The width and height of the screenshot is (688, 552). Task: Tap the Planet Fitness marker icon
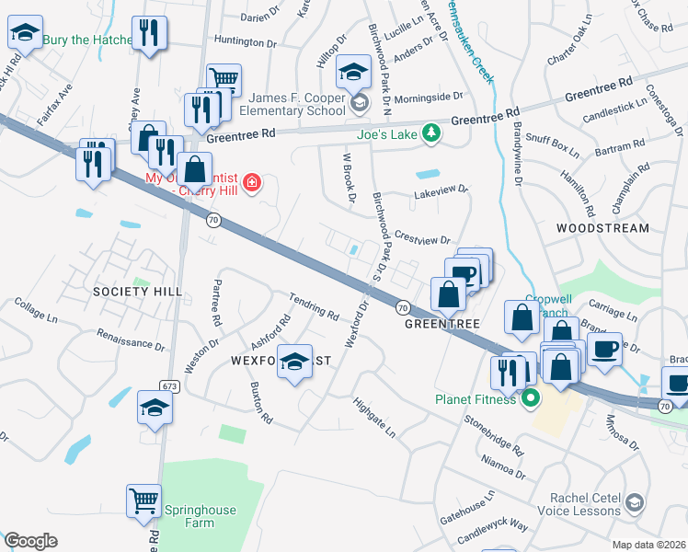tap(529, 399)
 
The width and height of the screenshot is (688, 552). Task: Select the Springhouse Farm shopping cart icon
tap(143, 501)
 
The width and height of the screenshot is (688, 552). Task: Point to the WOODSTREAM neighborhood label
tap(603, 228)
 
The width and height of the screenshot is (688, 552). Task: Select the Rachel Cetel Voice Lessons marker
tap(635, 502)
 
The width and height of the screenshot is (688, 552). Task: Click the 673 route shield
tap(167, 385)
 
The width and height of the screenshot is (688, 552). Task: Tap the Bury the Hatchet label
tap(86, 40)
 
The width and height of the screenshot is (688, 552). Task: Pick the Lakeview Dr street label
tap(441, 190)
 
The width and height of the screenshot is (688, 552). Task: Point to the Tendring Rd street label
tap(314, 307)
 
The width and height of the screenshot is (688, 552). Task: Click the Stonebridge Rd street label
tap(493, 437)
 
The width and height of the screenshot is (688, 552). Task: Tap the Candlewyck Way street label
tap(493, 529)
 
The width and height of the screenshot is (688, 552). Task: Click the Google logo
tap(30, 541)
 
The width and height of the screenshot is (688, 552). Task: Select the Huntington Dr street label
tap(245, 40)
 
